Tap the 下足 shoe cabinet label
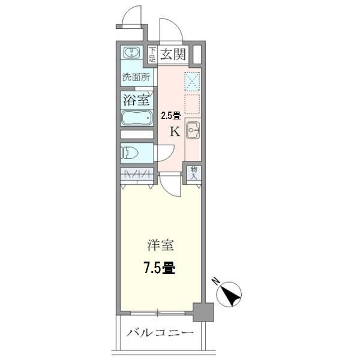coord(152,54)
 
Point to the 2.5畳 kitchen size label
coord(171,116)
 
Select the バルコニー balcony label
coord(160,333)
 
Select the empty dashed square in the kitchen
coord(193,103)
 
